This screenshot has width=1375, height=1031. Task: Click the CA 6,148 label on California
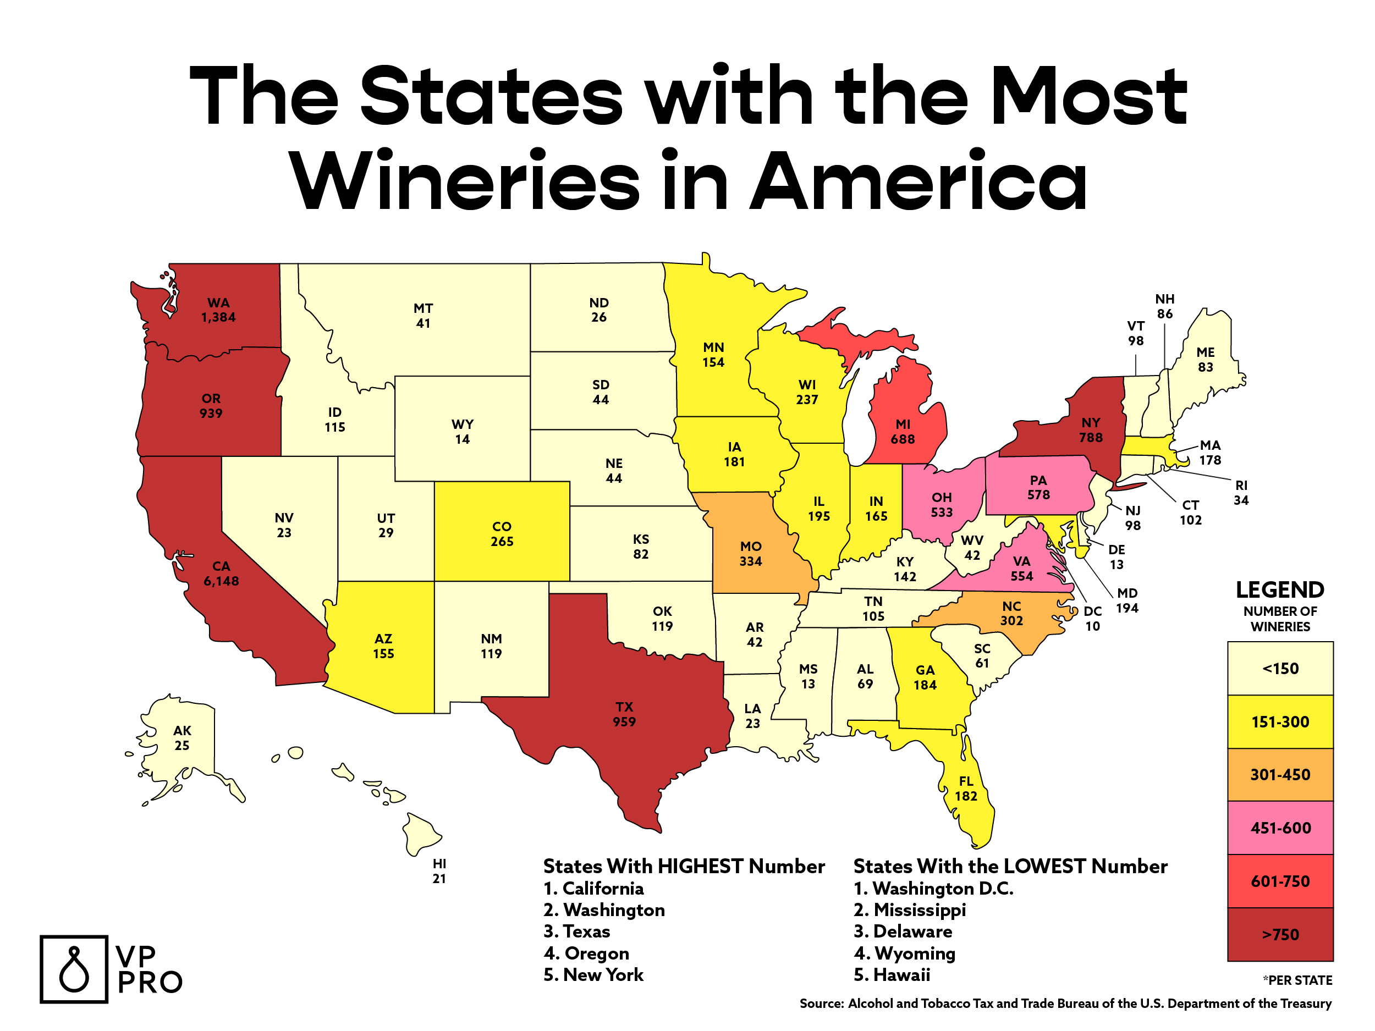click(x=221, y=574)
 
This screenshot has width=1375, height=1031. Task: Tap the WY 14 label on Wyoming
click(x=462, y=432)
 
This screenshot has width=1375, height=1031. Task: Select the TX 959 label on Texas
click(x=624, y=714)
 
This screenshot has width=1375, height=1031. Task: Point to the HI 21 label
click(x=439, y=870)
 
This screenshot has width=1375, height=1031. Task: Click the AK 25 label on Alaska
click(x=182, y=738)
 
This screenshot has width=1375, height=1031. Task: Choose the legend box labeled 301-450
click(x=1280, y=774)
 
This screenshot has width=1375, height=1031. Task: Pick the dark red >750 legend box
click(x=1280, y=934)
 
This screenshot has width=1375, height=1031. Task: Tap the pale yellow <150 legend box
click(x=1280, y=669)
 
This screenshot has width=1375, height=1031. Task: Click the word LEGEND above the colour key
click(x=1279, y=589)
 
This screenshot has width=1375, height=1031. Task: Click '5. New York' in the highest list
click(x=593, y=974)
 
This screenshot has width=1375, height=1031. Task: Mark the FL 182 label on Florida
click(x=966, y=789)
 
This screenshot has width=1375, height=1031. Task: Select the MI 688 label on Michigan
click(x=903, y=432)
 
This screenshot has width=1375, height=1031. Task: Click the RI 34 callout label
click(x=1241, y=492)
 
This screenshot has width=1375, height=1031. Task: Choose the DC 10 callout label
click(x=1092, y=619)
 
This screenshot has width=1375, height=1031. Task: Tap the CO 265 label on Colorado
click(x=502, y=534)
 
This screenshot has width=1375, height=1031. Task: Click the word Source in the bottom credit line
click(x=821, y=1004)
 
